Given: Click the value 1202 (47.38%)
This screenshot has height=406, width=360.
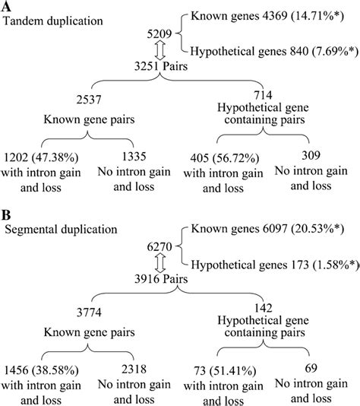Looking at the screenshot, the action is pyautogui.click(x=47, y=157).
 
